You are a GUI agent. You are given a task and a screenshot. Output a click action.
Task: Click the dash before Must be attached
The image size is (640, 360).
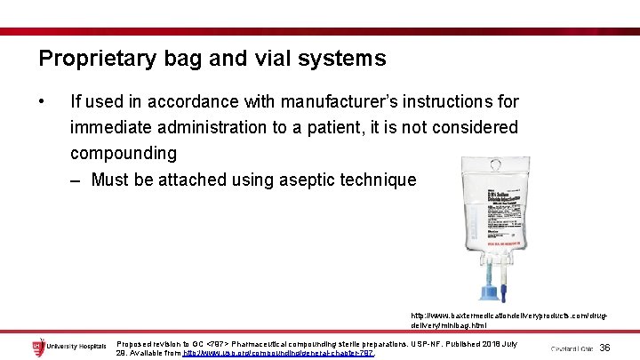(x=77, y=180)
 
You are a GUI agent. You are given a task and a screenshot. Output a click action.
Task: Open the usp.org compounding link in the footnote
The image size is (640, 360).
(x=277, y=353)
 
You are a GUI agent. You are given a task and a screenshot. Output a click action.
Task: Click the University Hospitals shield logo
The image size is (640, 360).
(x=39, y=348)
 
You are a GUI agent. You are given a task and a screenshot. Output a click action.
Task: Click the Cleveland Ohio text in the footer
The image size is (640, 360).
(x=571, y=348)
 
